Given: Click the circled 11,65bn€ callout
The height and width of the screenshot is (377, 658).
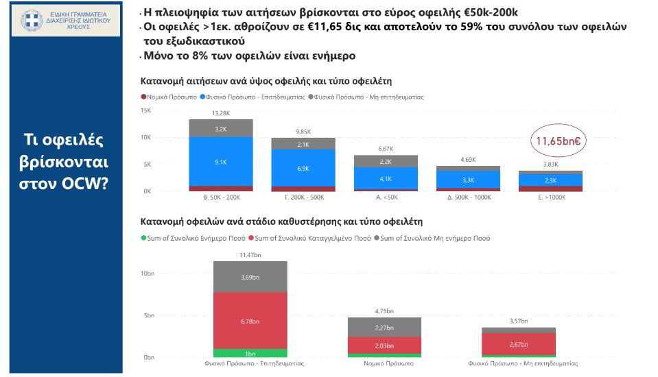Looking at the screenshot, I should (x=559, y=141).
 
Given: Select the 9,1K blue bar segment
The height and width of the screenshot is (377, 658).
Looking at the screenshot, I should (x=221, y=162).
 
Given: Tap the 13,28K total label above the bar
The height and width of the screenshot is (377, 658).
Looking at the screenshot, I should (x=221, y=113).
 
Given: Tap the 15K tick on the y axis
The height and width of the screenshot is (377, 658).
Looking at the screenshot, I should (x=145, y=110).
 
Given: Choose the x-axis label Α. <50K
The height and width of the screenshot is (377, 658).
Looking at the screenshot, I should (x=385, y=198).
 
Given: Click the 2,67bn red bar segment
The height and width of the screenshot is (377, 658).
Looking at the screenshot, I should (x=518, y=343).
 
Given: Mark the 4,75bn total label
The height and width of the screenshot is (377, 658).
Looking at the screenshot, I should (x=384, y=311).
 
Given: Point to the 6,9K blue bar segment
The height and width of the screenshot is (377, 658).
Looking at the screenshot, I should (x=303, y=168).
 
